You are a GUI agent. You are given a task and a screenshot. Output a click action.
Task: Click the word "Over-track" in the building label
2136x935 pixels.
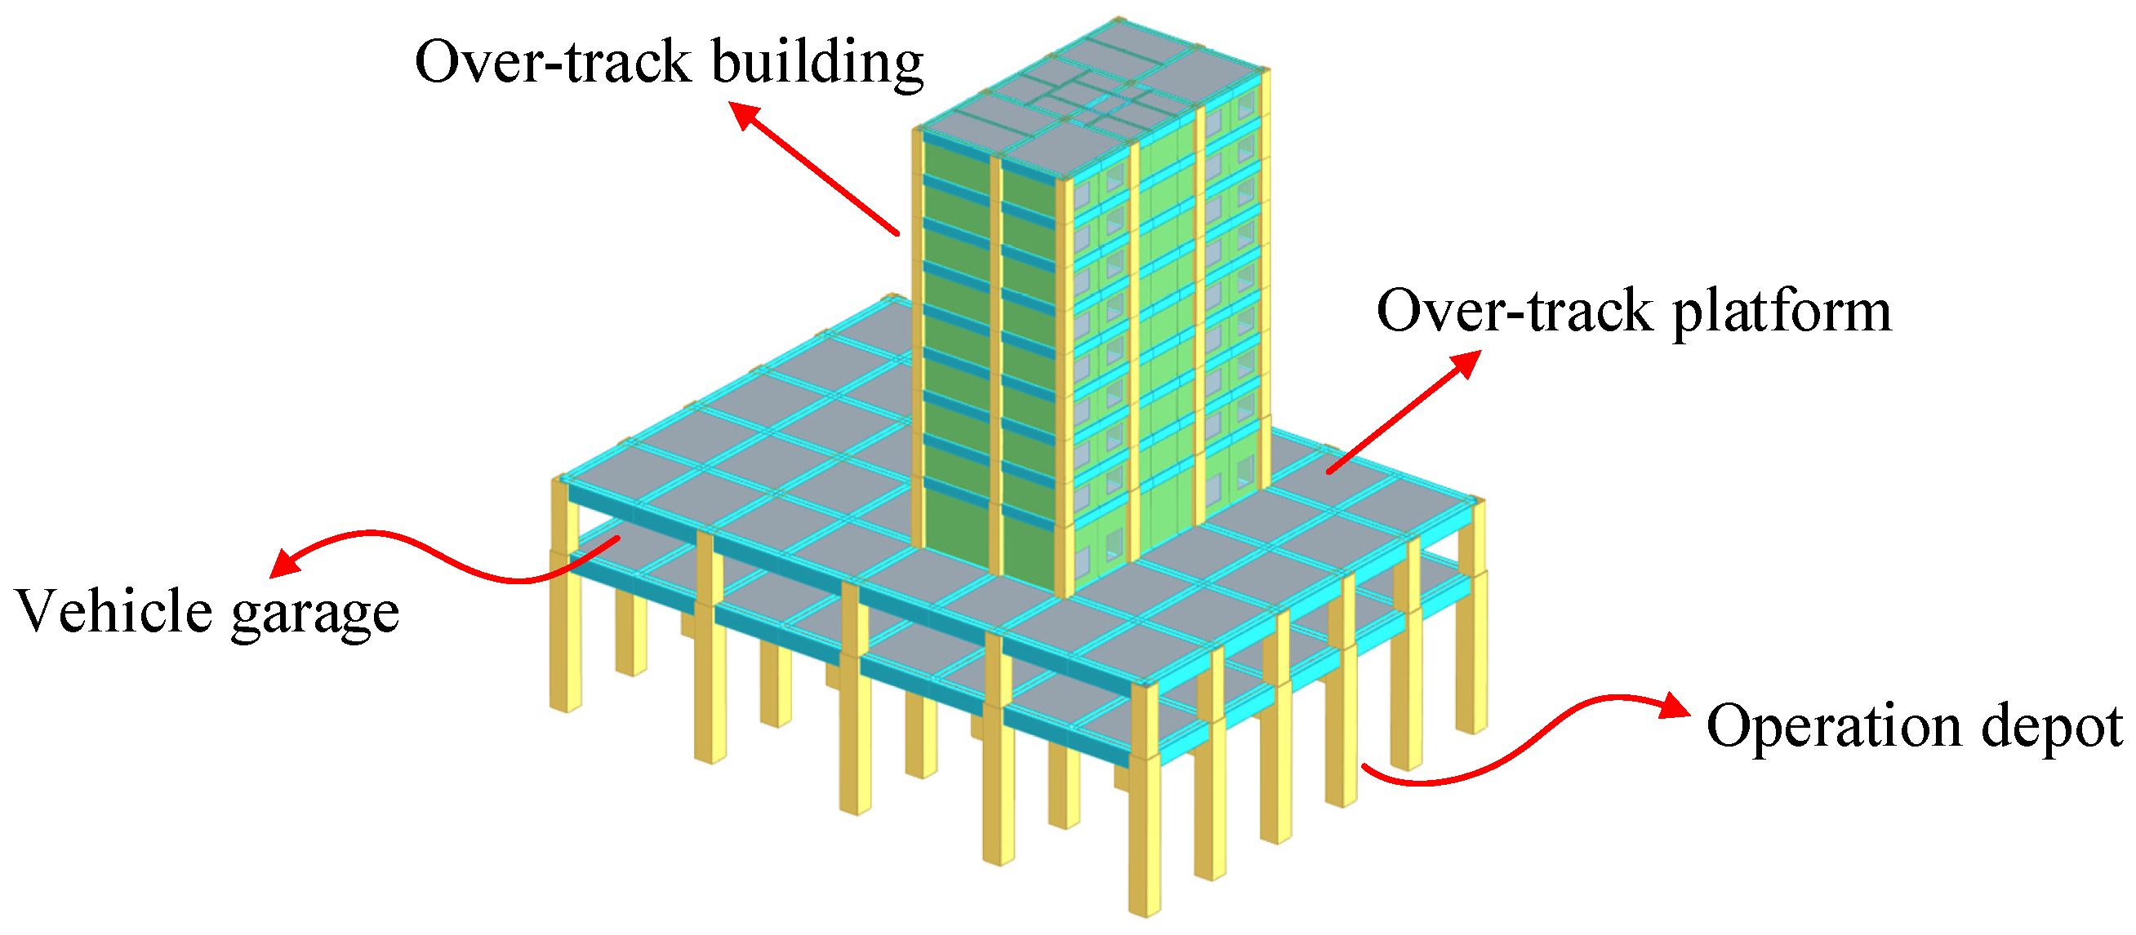[x=553, y=61]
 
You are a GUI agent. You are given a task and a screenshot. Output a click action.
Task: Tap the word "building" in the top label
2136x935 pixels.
[x=817, y=63]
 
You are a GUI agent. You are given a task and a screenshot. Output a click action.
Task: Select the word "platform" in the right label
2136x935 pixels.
[x=1782, y=313]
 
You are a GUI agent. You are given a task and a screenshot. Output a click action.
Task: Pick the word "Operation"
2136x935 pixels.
[x=1831, y=725]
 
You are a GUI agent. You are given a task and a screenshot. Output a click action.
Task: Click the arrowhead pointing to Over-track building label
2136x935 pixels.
[x=743, y=113]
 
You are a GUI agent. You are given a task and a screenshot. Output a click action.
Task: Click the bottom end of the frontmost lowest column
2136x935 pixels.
[x=1144, y=912]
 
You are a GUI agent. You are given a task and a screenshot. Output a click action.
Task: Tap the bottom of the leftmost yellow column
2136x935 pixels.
[x=565, y=707]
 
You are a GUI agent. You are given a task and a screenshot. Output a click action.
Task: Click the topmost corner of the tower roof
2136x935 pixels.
[x=1118, y=20]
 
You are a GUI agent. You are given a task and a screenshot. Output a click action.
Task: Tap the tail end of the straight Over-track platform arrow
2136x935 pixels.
[x=1328, y=472]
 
